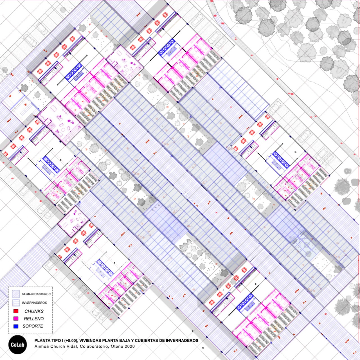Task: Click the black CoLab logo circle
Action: coord(17,345)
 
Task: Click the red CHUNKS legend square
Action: coord(16,311)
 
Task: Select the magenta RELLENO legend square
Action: coord(16,319)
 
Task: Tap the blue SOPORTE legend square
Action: coord(16,326)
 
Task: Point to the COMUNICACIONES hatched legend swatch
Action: coord(16,294)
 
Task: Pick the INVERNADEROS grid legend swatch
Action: coord(16,303)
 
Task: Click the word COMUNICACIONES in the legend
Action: coord(36,294)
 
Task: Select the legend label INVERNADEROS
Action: coord(34,303)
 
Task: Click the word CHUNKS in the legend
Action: coord(34,311)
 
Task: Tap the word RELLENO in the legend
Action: coord(34,319)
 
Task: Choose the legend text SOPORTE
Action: coord(33,326)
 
